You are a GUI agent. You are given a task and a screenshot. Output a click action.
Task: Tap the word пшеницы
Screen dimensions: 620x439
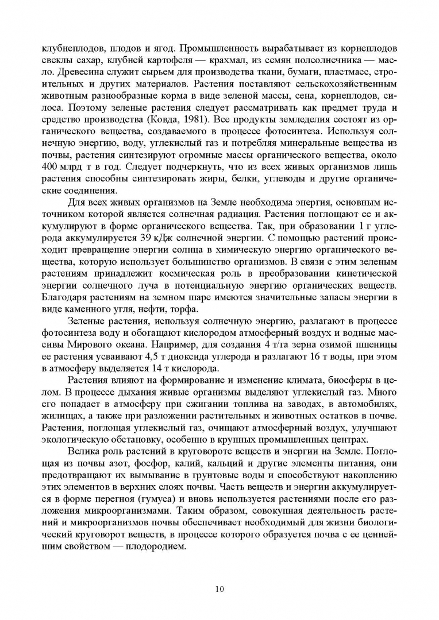tap(372, 346)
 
